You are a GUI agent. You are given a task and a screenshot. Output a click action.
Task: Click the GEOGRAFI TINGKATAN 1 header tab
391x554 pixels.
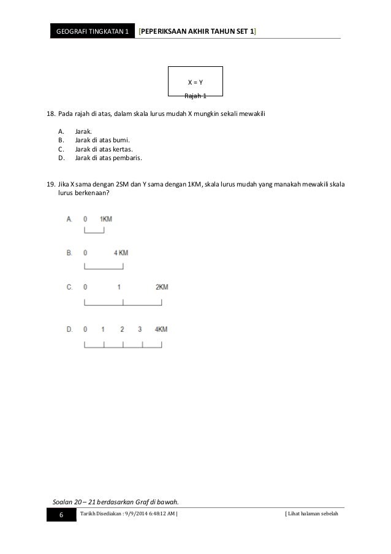[91, 30]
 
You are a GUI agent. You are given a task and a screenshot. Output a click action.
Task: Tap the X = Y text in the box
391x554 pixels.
[195, 82]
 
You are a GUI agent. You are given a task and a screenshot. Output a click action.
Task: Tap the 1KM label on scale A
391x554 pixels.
[105, 219]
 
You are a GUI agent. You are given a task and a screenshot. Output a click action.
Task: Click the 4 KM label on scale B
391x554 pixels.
[121, 253]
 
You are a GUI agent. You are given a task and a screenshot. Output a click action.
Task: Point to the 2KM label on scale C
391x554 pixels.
[162, 287]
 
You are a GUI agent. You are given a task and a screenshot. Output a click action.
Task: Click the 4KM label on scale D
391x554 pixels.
[161, 329]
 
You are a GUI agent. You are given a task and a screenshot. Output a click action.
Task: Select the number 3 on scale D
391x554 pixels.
[140, 329]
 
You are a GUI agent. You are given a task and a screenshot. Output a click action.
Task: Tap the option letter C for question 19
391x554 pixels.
[69, 287]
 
